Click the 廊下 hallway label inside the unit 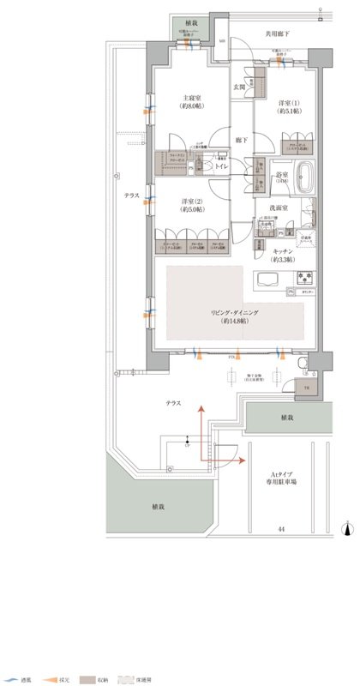(x=243, y=137)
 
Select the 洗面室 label (x=284, y=207)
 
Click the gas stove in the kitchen (x=306, y=278)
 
